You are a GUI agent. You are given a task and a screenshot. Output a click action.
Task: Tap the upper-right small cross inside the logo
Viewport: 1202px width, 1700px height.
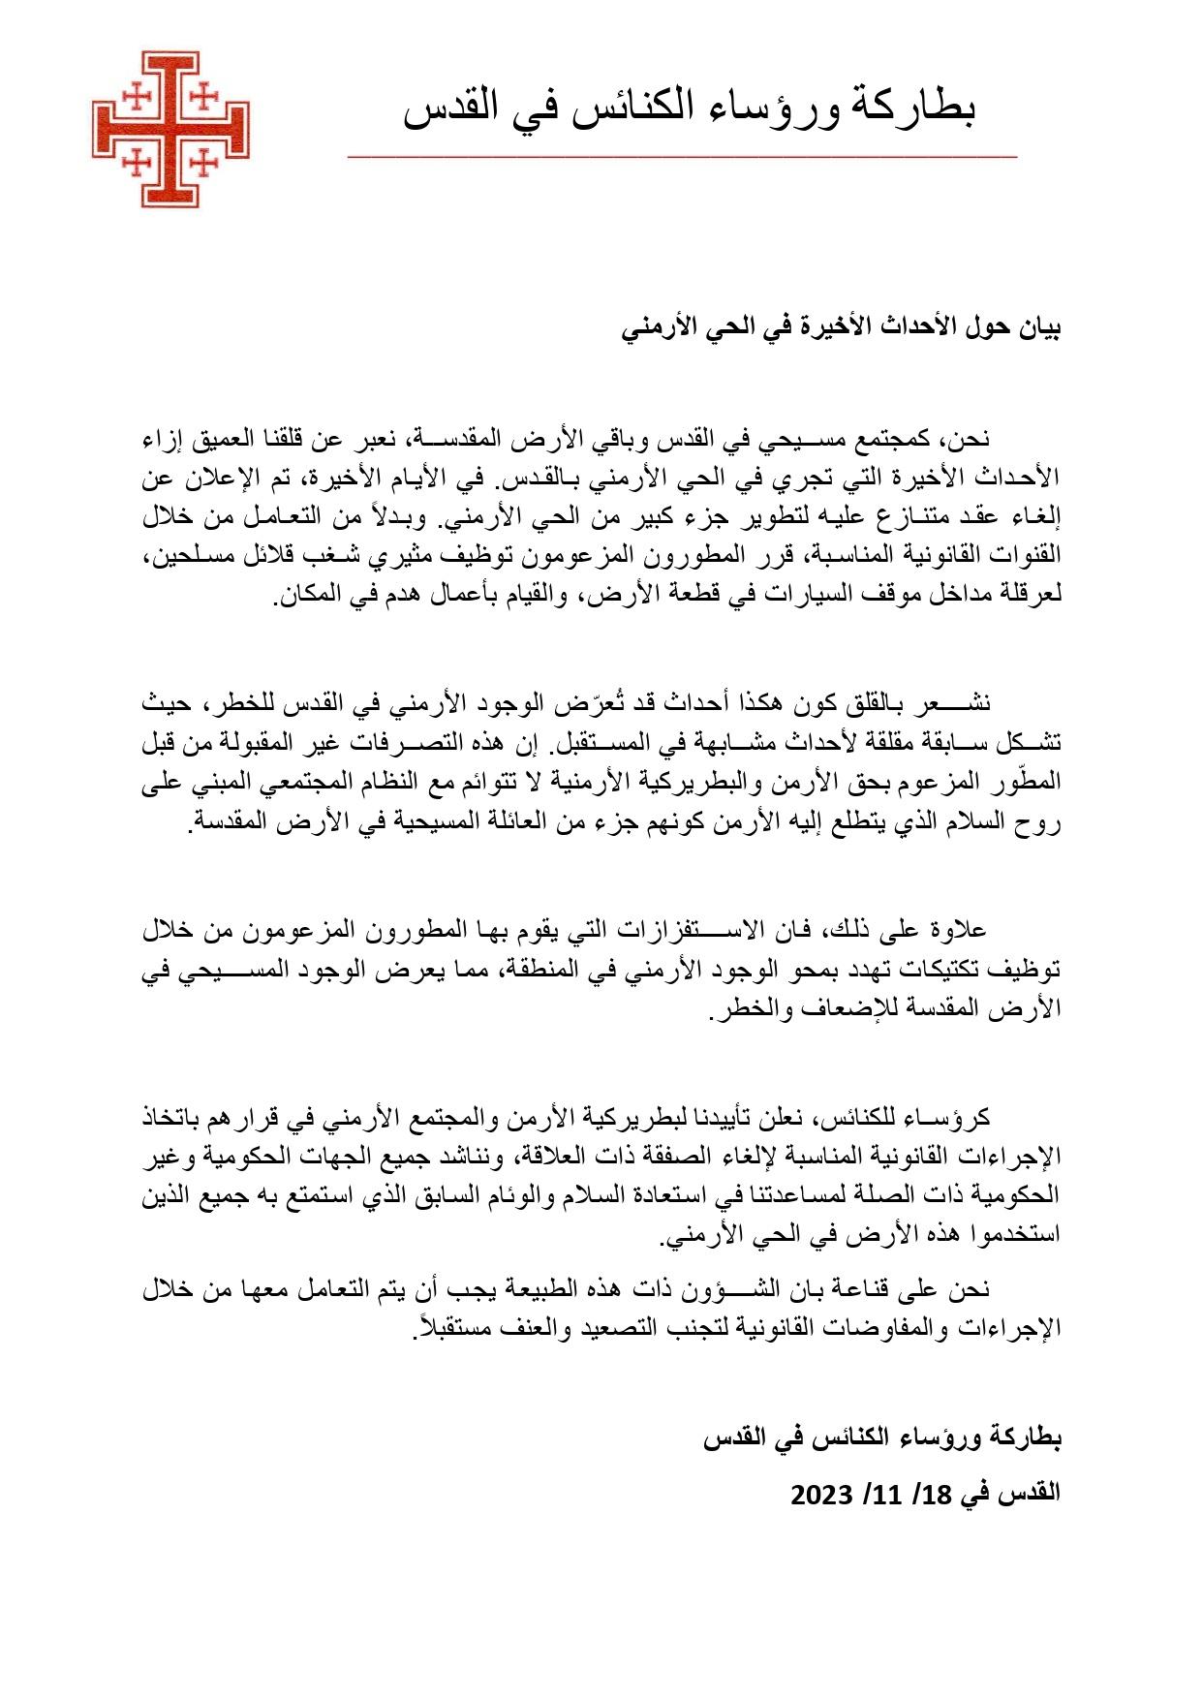coord(204,97)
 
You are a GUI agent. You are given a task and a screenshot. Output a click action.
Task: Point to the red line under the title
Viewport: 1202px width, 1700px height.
coord(682,156)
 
